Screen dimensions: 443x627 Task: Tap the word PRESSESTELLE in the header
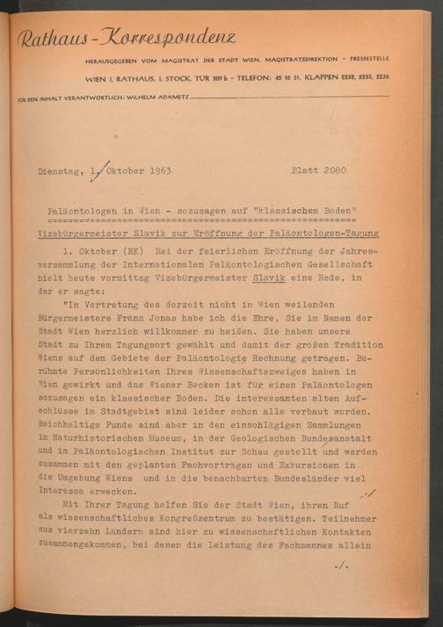tap(363, 59)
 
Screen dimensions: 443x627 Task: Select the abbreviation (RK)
tap(134, 250)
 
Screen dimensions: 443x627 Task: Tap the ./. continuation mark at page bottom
tap(343, 590)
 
